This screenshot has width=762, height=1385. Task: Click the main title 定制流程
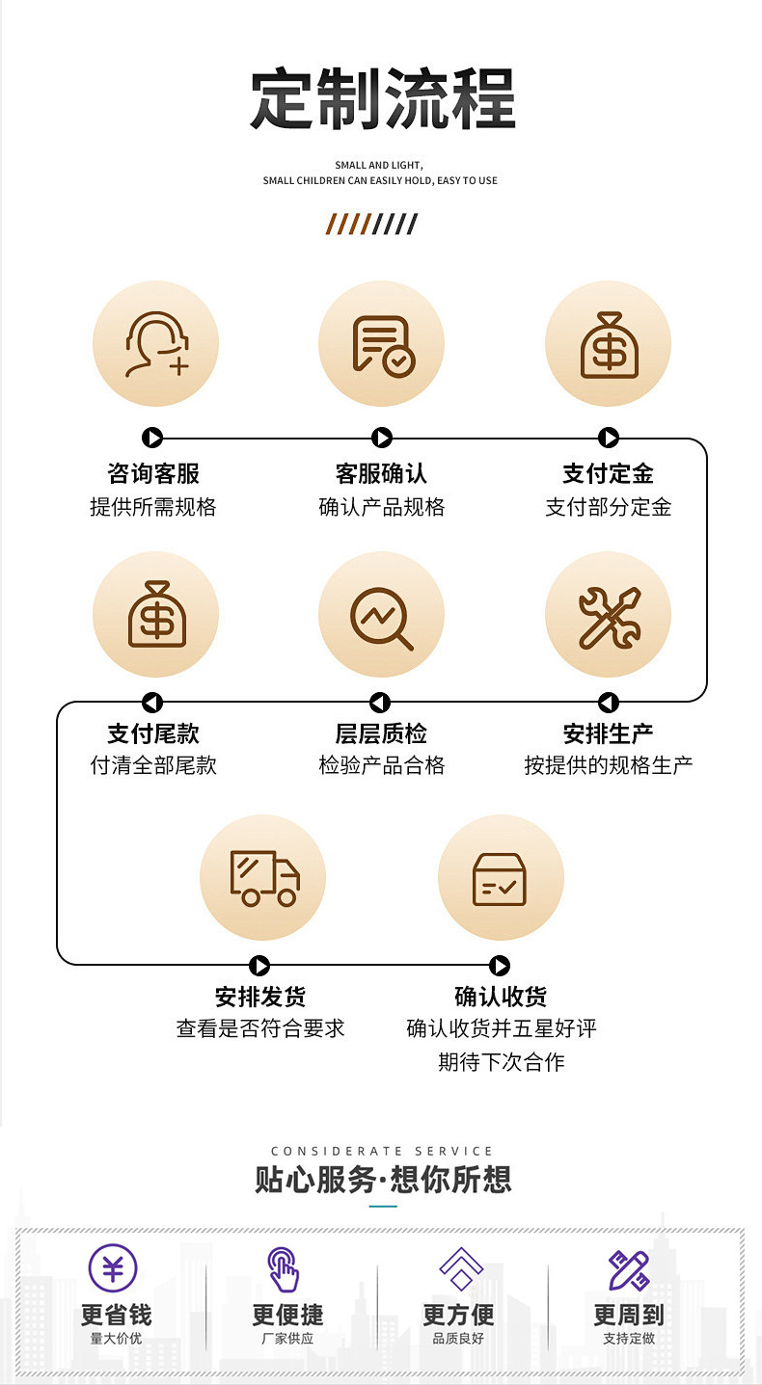pos(382,99)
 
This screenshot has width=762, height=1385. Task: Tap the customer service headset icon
pos(155,344)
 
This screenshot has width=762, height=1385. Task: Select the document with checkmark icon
pos(382,344)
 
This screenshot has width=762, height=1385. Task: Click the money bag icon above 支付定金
pos(609,344)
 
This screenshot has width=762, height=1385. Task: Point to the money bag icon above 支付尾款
pos(155,614)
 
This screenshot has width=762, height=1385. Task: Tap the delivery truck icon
pos(263,878)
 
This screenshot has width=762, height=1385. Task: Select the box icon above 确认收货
pos(500,878)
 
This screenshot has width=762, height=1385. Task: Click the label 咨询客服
pos(153,473)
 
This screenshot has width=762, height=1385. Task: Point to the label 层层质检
pos(381,733)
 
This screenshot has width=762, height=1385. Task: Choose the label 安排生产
pos(608,733)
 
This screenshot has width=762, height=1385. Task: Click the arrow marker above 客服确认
pos(382,439)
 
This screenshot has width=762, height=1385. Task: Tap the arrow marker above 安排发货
pos(259,965)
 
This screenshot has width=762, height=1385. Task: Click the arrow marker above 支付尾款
pos(152,703)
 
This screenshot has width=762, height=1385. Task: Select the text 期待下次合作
pos(501,1062)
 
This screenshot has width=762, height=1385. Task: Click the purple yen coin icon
pos(113,1267)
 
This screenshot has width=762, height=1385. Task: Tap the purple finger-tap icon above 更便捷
pos(284,1268)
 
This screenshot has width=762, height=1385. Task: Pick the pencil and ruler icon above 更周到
pos(628,1269)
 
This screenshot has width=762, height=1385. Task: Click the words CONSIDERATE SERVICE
pos(382,1151)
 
